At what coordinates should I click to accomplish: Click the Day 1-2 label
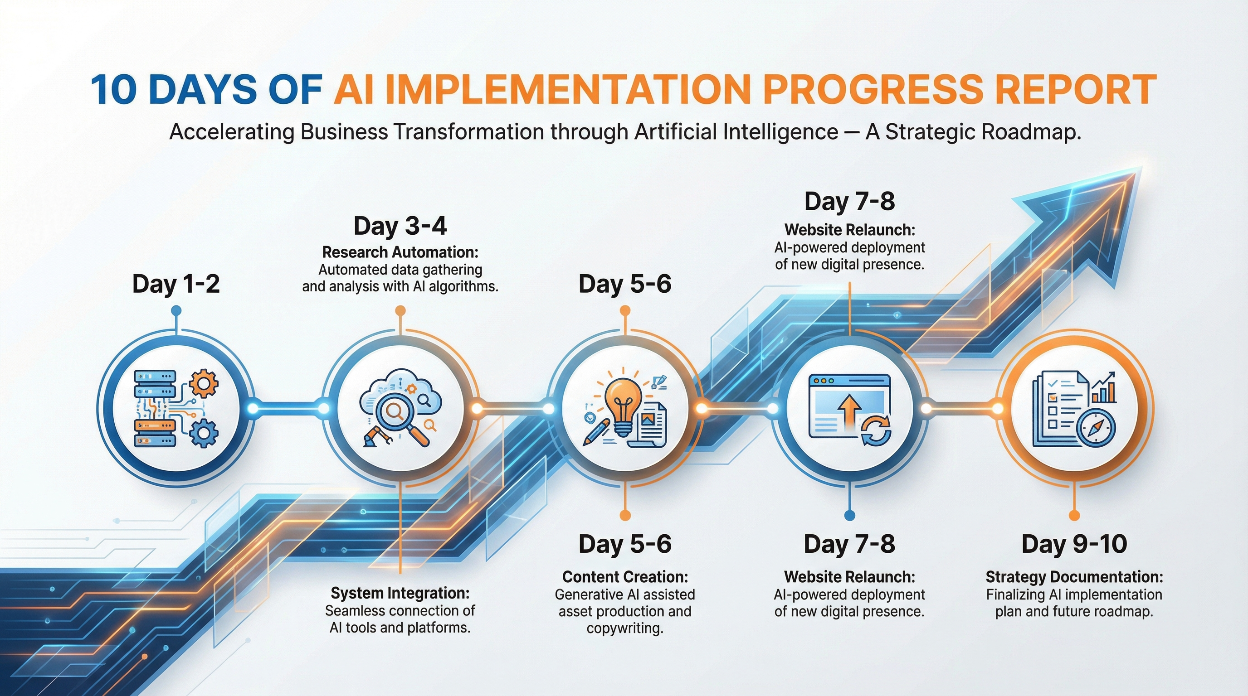pos(176,284)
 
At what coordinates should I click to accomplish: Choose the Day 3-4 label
pos(400,226)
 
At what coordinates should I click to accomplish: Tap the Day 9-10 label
pos(1074,544)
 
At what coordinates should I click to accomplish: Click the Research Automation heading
pos(400,252)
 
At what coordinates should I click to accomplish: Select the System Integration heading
pos(400,593)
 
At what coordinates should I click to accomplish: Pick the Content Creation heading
pos(625,577)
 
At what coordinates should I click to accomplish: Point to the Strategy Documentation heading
pos(1074,577)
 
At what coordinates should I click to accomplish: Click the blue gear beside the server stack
pos(204,433)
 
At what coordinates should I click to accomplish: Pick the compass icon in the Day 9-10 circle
pos(1096,428)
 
